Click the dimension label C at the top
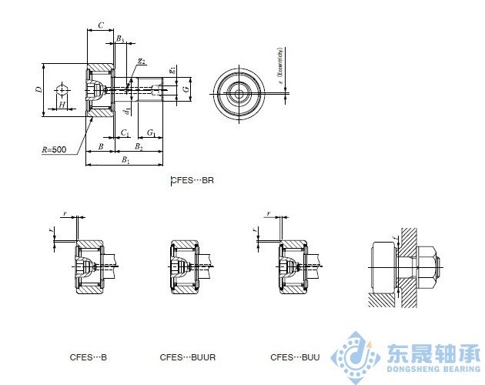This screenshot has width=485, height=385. point(100,25)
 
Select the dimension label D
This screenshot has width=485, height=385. point(38,90)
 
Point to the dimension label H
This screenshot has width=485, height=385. point(62,104)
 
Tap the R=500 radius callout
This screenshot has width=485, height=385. point(54,149)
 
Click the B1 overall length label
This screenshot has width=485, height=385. point(125,159)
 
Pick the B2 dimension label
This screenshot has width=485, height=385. point(139,146)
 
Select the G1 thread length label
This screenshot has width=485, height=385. point(152,132)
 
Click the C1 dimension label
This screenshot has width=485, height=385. point(124,132)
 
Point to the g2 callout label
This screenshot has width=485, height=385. point(141,60)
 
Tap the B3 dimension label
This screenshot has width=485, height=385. point(119,38)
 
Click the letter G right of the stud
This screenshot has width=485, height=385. point(186,90)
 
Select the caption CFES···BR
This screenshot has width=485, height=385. point(192,182)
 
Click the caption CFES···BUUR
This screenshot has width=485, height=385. point(188,357)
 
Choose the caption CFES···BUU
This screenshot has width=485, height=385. point(295,357)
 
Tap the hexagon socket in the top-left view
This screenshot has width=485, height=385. point(62,90)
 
